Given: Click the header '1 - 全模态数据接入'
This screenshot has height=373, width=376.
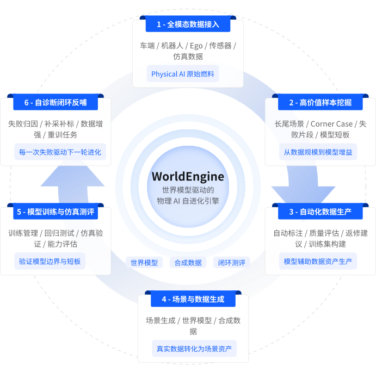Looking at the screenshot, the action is click(x=188, y=24).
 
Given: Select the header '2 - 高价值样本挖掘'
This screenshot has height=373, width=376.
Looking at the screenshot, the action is click(x=320, y=102).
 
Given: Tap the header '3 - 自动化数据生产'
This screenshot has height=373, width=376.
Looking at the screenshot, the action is click(x=320, y=212).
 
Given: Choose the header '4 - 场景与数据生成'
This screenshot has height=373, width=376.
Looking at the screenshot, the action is click(x=193, y=299).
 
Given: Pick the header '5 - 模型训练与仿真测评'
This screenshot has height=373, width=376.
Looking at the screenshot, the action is click(x=56, y=212).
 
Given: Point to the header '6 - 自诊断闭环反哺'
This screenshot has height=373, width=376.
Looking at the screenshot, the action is click(x=56, y=102).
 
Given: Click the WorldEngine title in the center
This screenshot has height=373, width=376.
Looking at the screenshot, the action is click(x=188, y=177).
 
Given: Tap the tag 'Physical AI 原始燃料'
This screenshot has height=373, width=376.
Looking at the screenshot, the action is click(x=183, y=74).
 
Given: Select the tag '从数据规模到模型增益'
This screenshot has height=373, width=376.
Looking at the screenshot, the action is click(x=318, y=152).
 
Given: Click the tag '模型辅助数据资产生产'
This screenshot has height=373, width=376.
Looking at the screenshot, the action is click(x=318, y=261).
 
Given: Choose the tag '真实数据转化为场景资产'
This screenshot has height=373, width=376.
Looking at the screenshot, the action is click(x=194, y=349).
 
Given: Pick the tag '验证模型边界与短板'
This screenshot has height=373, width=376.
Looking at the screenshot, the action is click(x=50, y=261).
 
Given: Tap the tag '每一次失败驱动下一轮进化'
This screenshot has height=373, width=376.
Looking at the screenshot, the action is click(x=60, y=152).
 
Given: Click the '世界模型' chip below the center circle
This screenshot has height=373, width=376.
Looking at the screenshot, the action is click(x=144, y=263).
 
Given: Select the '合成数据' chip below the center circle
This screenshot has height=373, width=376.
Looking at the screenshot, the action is click(x=188, y=263).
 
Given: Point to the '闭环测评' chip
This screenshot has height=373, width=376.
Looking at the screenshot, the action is click(x=232, y=263).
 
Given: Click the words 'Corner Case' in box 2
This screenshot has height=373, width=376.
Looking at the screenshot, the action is click(x=331, y=124).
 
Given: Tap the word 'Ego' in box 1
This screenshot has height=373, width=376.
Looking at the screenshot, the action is click(x=196, y=46).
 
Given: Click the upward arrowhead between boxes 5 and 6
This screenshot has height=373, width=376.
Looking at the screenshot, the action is click(x=73, y=176).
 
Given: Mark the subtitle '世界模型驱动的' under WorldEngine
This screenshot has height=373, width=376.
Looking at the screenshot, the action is click(x=188, y=190).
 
